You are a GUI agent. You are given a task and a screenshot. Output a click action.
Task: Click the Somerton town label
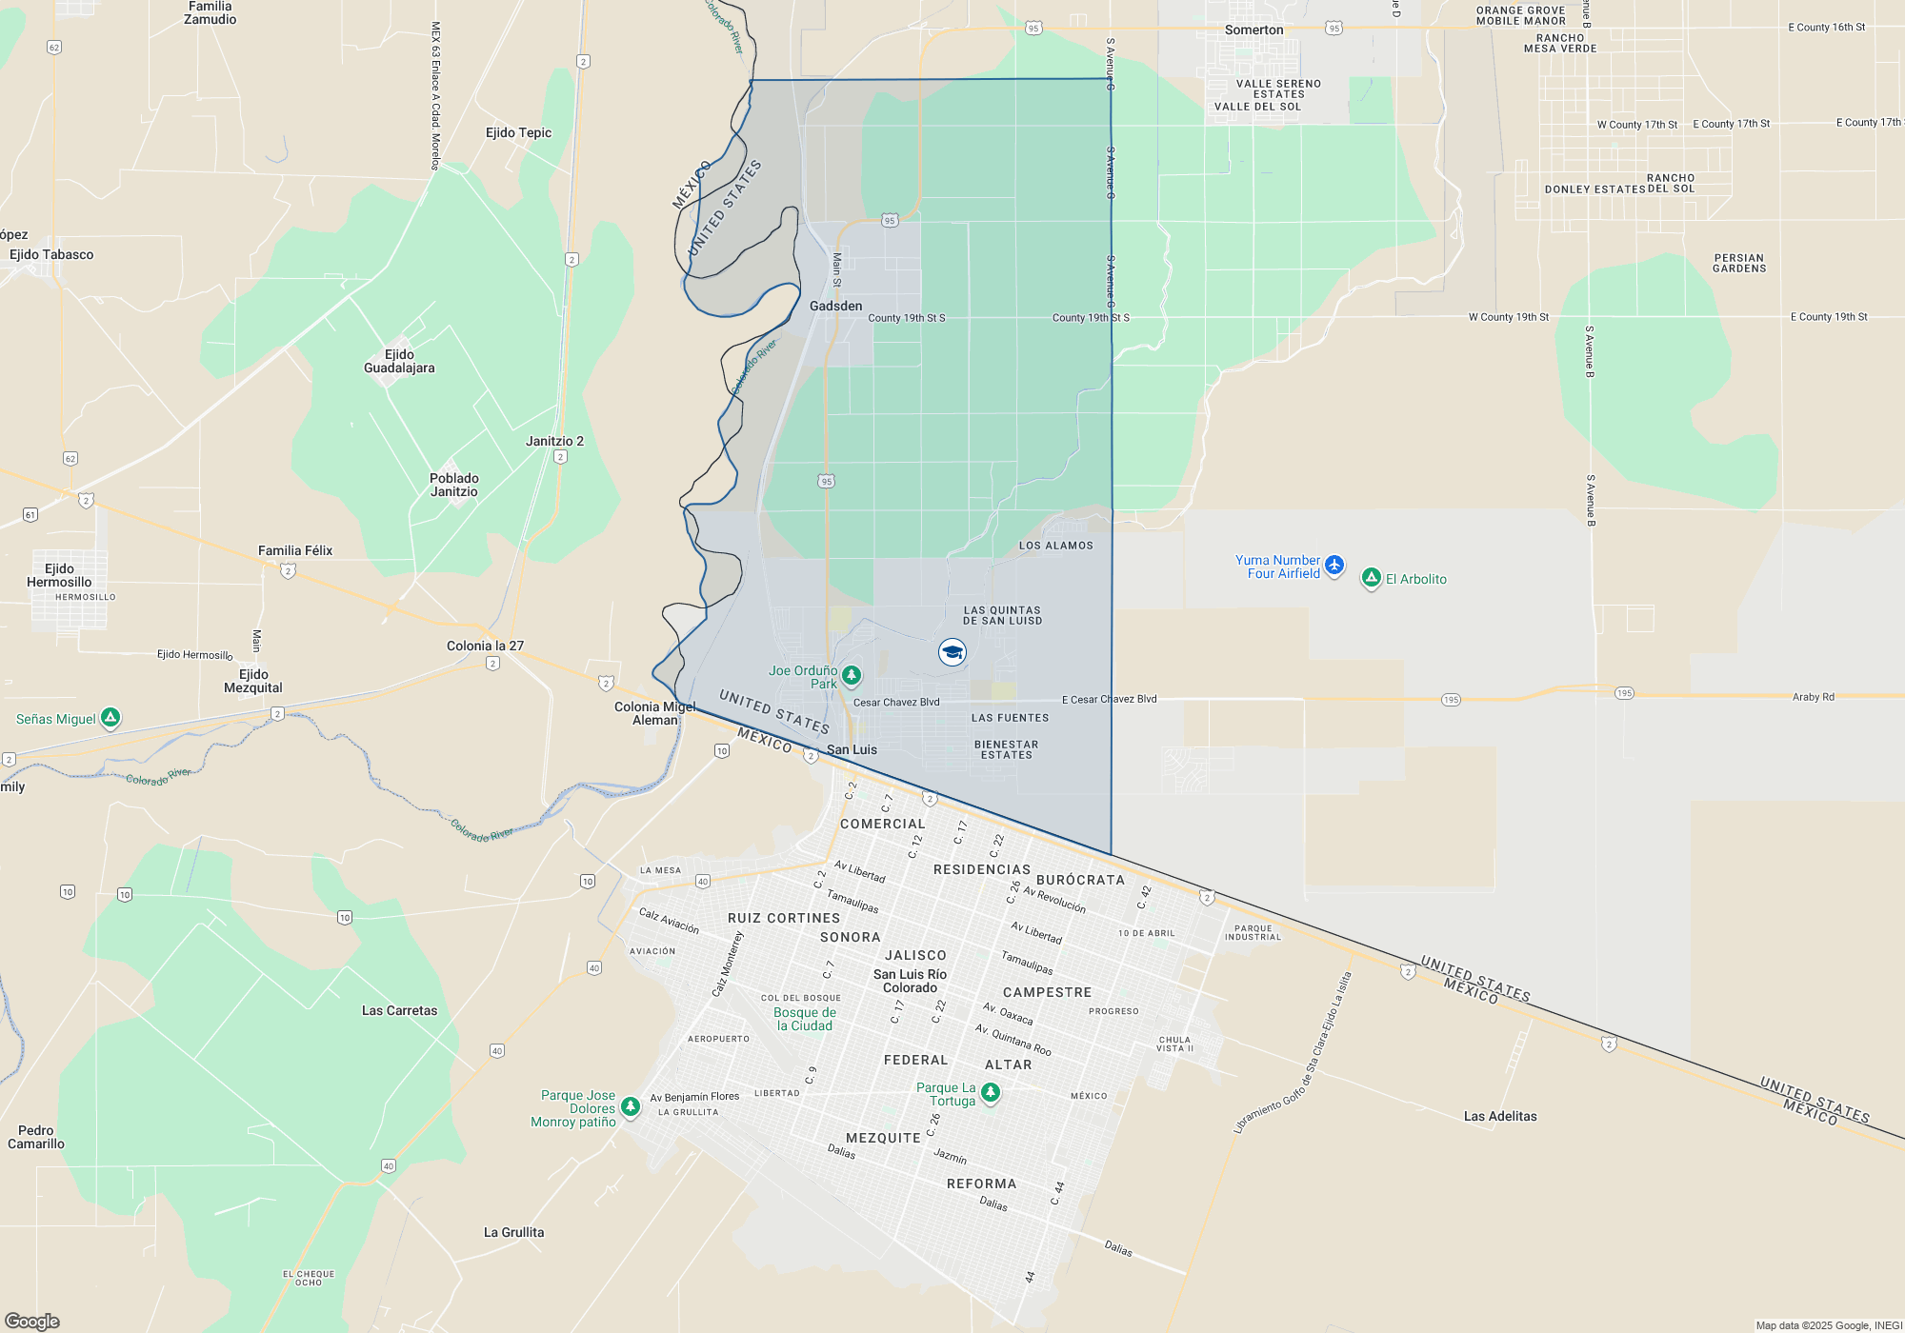[x=1253, y=30]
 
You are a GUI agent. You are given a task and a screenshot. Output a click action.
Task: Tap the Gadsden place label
[x=835, y=306]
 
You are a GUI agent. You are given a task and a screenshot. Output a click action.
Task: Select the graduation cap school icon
[x=952, y=652]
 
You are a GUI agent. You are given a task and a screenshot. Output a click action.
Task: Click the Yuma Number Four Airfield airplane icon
[x=1334, y=566]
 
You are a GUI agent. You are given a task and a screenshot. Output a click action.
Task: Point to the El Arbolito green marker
[x=1371, y=578]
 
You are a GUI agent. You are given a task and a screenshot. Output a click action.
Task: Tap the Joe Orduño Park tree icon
[x=852, y=675]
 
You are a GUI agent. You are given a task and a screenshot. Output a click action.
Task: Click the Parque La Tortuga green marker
[x=991, y=1092]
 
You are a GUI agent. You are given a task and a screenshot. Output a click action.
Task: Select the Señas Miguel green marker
[x=110, y=717]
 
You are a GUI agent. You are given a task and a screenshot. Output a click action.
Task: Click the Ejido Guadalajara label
[x=399, y=361]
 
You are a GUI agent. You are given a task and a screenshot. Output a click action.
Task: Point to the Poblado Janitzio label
[x=454, y=485]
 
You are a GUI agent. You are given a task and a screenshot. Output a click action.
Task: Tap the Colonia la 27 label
[x=485, y=646]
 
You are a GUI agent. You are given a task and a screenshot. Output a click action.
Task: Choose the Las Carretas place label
[x=399, y=1010]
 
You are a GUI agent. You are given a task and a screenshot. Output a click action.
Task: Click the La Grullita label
[x=513, y=1232]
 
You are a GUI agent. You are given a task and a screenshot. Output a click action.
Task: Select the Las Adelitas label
[x=1500, y=1116]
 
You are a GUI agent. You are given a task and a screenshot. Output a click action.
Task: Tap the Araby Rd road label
[x=1813, y=697]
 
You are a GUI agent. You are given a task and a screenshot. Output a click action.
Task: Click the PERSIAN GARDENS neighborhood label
[x=1739, y=263]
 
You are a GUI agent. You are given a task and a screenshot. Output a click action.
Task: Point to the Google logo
[x=32, y=1322]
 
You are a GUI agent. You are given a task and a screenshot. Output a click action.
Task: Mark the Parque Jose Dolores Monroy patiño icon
[x=630, y=1106]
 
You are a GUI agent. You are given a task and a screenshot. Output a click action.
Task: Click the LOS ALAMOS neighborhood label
[x=1055, y=546]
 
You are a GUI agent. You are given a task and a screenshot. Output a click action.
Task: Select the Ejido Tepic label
[x=518, y=132]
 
